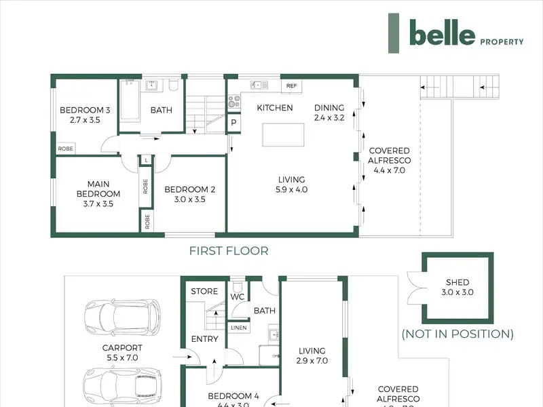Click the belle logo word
[442, 32]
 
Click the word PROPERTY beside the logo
[502, 41]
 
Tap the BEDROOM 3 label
[85, 115]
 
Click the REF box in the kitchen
[291, 86]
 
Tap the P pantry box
[233, 123]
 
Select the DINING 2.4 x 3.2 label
[329, 112]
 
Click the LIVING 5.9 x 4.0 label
[292, 185]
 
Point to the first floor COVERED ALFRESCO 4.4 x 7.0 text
[389, 160]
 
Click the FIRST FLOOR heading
[229, 251]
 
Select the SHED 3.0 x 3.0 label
[457, 288]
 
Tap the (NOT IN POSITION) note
[457, 334]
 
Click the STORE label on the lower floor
[204, 292]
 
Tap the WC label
[237, 297]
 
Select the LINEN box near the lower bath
[239, 328]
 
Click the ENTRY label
[204, 339]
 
